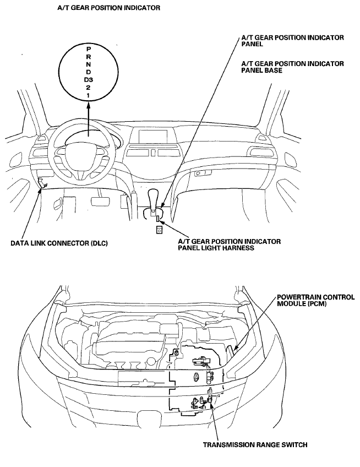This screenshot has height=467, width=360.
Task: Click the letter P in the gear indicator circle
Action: [89, 49]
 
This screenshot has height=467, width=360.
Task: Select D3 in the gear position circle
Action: [89, 80]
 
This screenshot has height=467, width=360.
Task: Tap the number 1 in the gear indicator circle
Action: [89, 95]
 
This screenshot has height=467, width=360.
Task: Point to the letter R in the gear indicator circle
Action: [89, 57]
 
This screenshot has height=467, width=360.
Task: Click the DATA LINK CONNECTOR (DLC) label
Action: [59, 243]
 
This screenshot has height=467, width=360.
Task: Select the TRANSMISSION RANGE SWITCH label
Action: [255, 445]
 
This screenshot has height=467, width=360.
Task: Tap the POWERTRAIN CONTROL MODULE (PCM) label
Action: [315, 301]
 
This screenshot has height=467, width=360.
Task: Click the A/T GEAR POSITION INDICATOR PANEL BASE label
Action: [292, 67]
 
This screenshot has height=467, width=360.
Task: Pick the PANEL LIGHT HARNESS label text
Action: [216, 248]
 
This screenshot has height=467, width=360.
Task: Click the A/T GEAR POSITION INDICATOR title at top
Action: [108, 8]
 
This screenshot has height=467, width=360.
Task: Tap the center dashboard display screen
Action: [154, 136]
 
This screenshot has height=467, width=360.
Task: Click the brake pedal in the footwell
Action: [99, 201]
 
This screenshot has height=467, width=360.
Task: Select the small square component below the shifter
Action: [159, 230]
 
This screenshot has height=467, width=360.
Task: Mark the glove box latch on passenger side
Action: [203, 173]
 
